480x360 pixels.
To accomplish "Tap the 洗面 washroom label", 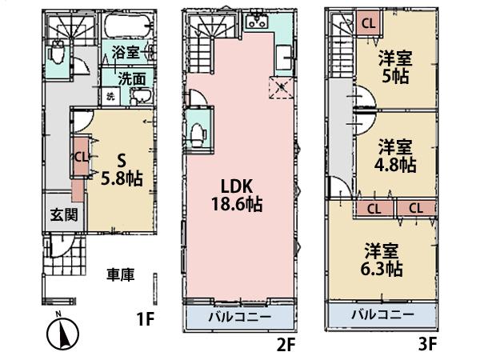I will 132,79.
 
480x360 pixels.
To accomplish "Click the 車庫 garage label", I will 121,274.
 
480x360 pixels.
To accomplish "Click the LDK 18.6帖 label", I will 238,194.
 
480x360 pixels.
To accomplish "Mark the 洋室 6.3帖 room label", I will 380,258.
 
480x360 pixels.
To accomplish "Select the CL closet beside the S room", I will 80,157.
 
